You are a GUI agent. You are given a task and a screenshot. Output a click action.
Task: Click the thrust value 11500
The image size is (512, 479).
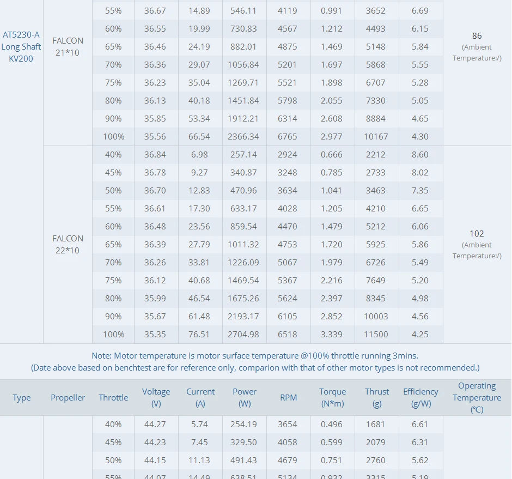[x=376, y=335]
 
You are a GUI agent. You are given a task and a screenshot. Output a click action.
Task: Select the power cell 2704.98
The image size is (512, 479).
[x=245, y=335]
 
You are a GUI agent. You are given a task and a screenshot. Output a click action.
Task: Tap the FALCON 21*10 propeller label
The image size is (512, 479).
[x=68, y=46]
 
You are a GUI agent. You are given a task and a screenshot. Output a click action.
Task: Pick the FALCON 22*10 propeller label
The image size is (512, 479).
[x=68, y=244]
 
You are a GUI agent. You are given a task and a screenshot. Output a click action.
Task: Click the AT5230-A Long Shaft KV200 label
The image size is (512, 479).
[x=21, y=47]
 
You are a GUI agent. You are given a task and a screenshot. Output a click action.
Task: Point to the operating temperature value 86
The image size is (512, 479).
[x=477, y=36]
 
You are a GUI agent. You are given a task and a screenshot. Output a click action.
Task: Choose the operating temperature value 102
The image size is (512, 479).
[x=477, y=234]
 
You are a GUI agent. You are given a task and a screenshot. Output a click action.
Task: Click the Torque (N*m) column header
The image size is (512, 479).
[x=332, y=397]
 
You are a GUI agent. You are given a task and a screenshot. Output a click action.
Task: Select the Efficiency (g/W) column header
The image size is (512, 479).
[x=420, y=397]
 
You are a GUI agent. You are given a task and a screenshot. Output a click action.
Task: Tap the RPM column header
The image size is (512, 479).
[x=288, y=398]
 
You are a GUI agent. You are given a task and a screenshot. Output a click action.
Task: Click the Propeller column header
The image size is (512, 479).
[x=68, y=398]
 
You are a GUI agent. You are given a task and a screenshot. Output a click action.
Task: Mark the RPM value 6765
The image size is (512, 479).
[x=288, y=137]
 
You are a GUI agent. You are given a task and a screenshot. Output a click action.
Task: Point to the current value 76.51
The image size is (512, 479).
[x=199, y=335]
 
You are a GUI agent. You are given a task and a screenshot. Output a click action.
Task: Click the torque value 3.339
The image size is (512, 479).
[x=332, y=335]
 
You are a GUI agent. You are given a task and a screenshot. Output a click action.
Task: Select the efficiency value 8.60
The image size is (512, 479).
[x=420, y=155]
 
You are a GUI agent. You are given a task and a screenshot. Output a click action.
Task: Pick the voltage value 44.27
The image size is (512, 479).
[x=155, y=425]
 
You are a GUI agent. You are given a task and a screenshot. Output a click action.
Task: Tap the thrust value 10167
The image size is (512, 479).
[x=376, y=137]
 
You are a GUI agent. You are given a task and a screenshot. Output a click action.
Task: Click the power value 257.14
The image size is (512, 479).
[x=244, y=155]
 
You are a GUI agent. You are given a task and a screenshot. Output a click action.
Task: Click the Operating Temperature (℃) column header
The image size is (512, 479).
[x=477, y=397]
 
